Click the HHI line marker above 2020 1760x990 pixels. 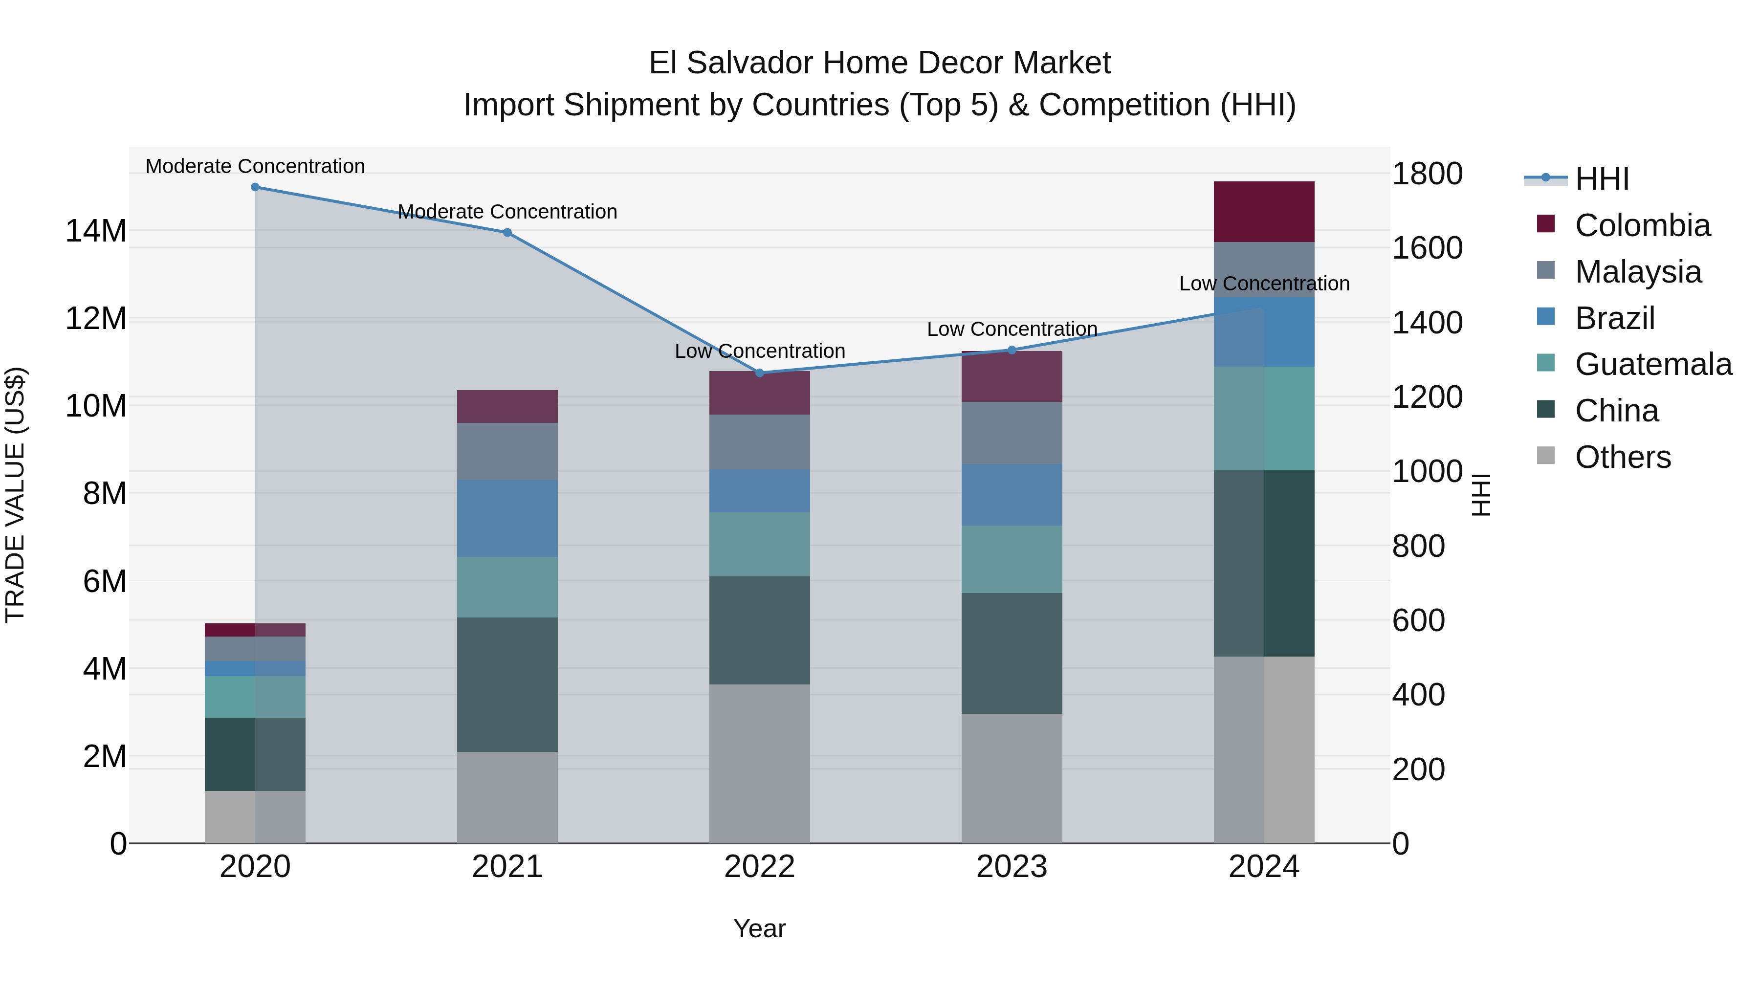255,187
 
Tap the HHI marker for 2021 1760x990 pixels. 507,232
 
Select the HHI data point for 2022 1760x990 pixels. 759,373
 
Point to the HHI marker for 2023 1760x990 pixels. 1012,350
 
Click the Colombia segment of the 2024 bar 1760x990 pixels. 1263,211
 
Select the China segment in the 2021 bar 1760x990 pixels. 507,684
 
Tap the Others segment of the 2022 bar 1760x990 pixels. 759,763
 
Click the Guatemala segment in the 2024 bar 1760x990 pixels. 1263,418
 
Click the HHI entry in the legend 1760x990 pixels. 1602,179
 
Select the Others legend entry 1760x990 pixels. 1622,457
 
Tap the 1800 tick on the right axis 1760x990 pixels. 1427,174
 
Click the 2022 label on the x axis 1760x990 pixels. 759,867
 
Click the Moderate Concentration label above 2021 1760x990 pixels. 507,212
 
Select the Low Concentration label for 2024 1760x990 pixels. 1264,284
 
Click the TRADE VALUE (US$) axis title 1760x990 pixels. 15,495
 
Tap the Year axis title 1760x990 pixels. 759,928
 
